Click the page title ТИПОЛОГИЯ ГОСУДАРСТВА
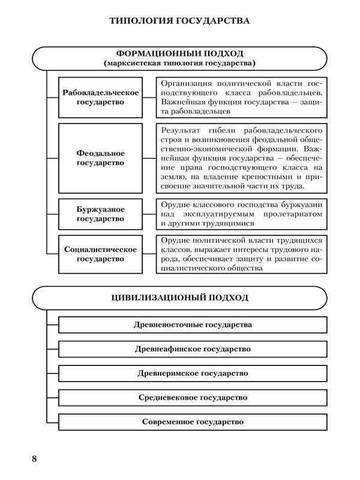point(179,22)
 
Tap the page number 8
point(34,459)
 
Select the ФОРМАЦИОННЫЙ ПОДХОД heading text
point(179,53)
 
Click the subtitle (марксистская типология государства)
point(179,63)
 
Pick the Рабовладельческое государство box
point(101,97)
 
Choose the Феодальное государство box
point(101,158)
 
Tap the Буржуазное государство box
point(101,214)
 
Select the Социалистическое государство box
point(101,254)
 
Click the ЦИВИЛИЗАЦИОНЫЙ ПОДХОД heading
point(179,298)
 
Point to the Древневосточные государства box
point(193,325)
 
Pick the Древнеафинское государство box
point(193,349)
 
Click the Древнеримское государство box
point(193,373)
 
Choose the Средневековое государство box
point(193,397)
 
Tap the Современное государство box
point(193,422)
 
